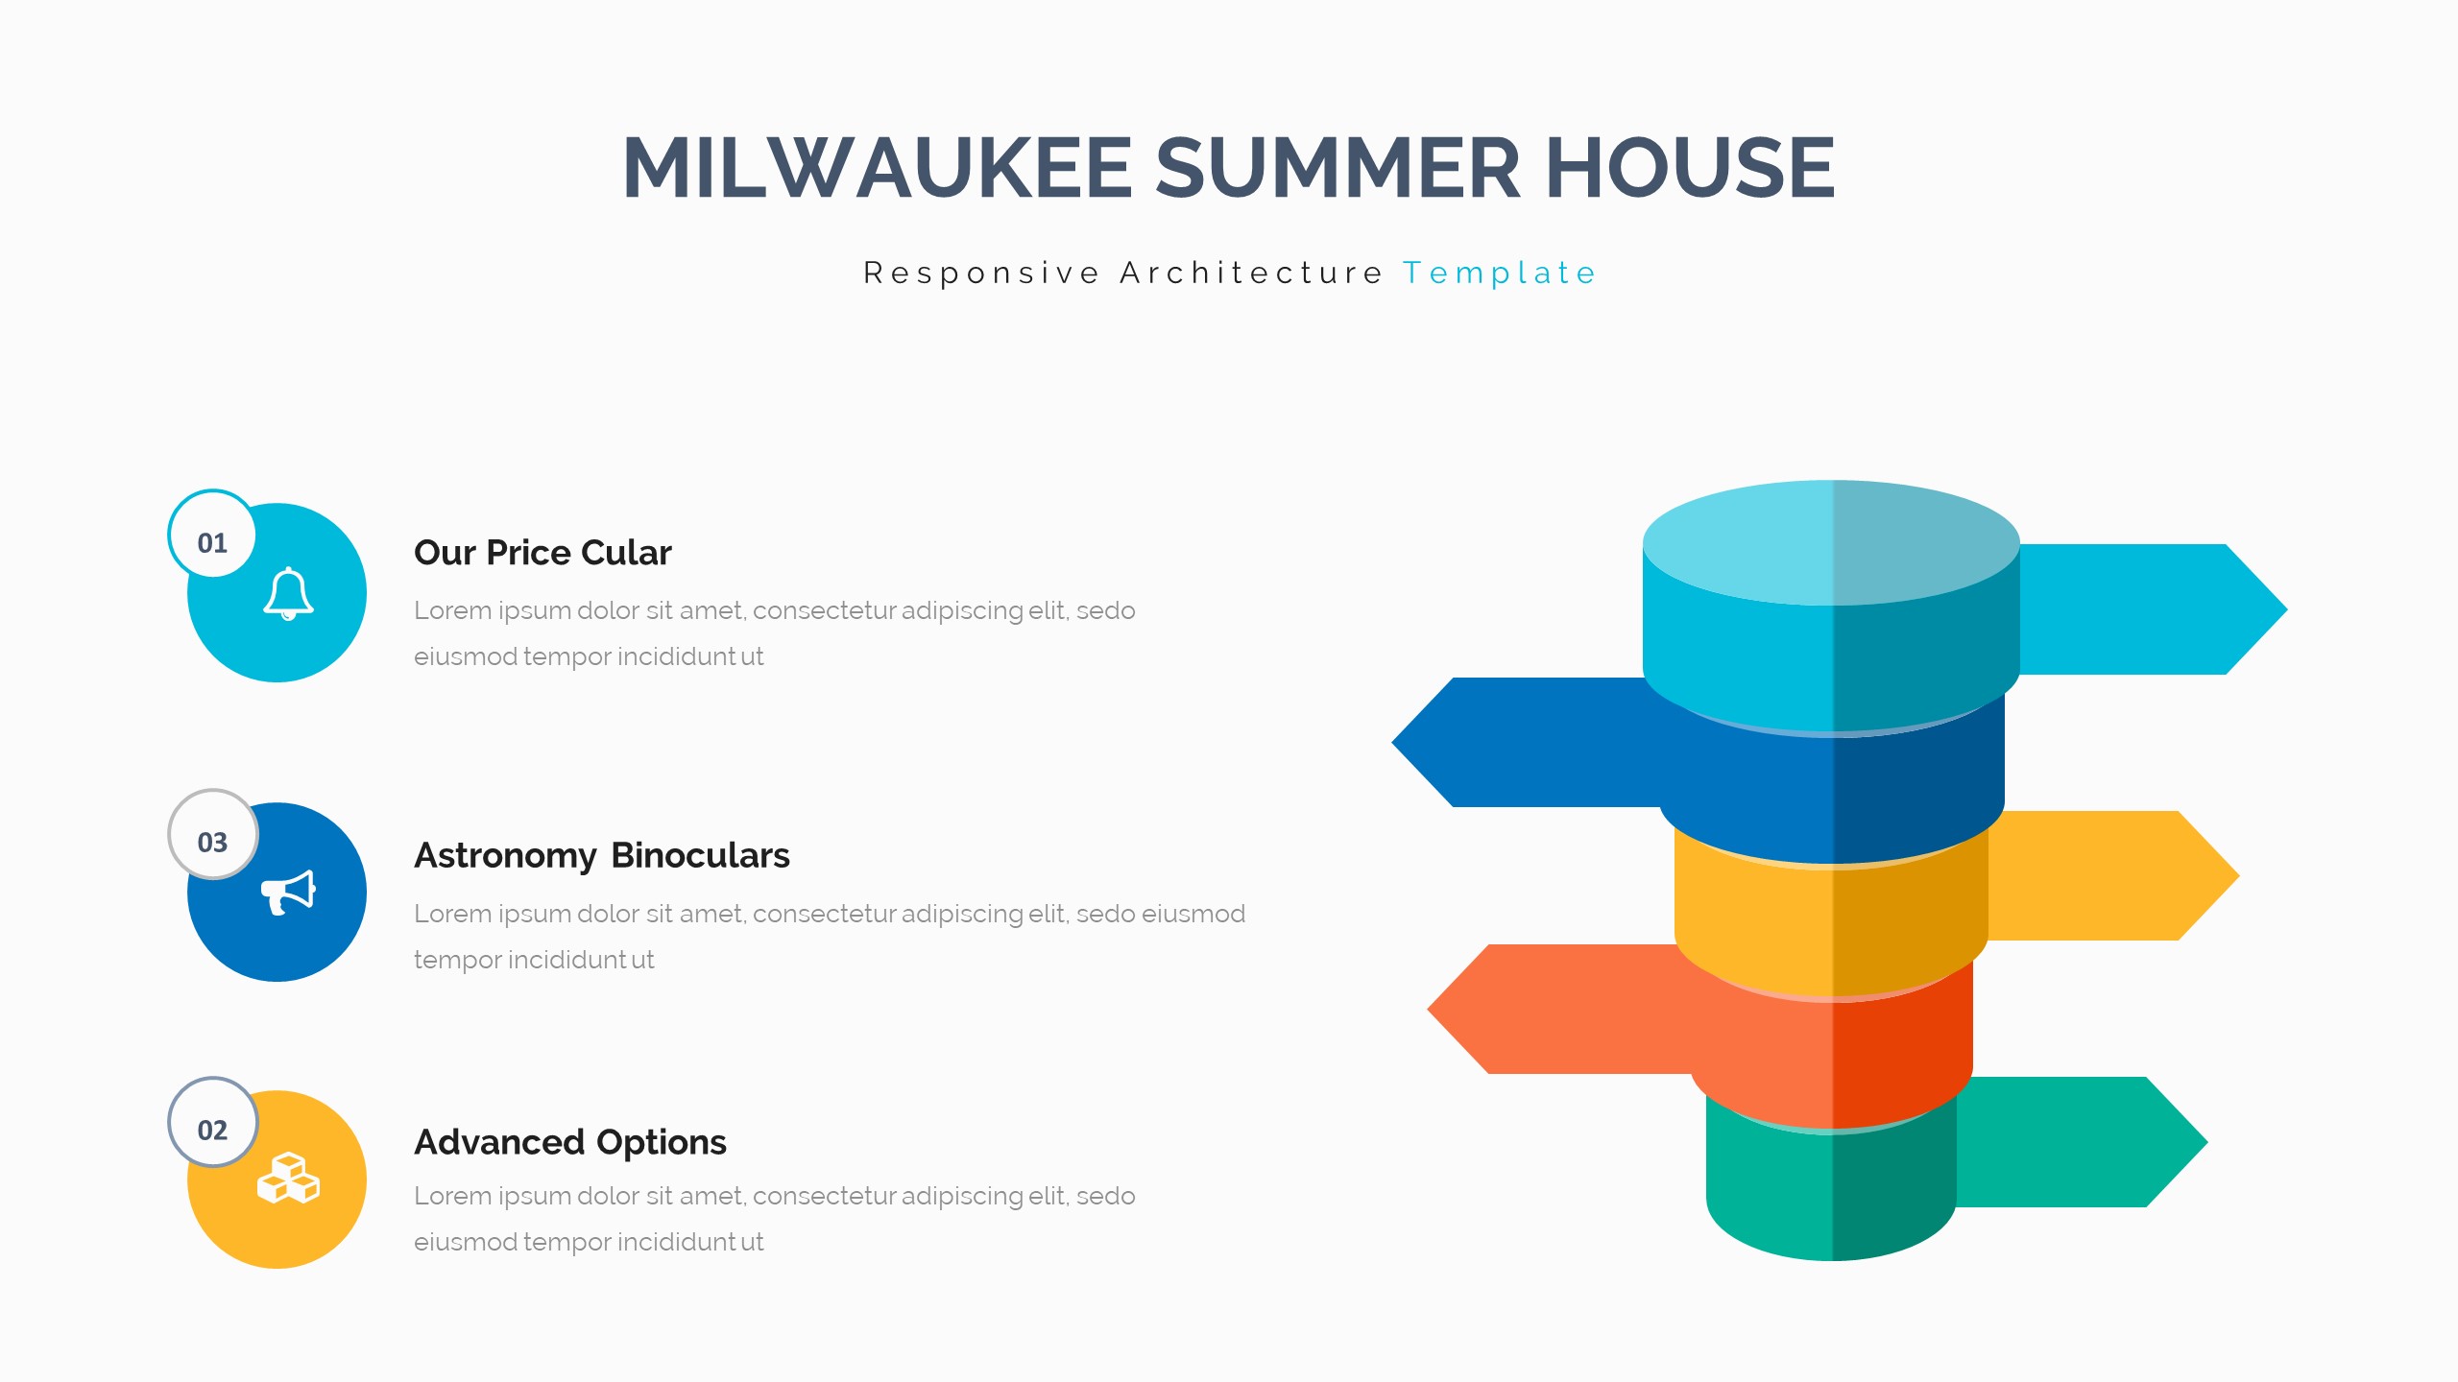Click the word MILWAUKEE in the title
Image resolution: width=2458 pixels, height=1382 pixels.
[x=878, y=167]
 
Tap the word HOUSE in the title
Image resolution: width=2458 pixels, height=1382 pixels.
[x=1690, y=167]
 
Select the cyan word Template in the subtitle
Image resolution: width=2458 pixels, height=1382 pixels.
[x=1499, y=274]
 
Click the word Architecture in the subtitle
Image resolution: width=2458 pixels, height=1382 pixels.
[x=1251, y=273]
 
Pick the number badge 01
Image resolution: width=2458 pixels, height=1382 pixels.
[x=212, y=535]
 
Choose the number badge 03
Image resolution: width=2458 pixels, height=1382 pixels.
[x=212, y=834]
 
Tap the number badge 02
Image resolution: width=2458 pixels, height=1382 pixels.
[x=212, y=1122]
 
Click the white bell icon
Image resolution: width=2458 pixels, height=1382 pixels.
[x=288, y=594]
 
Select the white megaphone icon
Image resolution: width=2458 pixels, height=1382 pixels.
[x=288, y=893]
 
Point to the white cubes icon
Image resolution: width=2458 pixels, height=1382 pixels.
[x=288, y=1178]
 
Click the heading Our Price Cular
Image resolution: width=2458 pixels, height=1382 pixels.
[x=542, y=553]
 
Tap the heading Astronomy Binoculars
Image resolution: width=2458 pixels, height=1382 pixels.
[x=602, y=856]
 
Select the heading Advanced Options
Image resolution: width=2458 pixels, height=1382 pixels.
[x=570, y=1143]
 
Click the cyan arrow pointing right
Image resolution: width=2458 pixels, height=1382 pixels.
[x=2151, y=609]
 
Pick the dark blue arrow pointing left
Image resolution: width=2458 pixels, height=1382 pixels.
[x=1527, y=743]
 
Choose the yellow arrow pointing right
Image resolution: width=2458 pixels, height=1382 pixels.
[x=2112, y=875]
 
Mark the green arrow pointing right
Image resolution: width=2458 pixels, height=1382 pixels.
[x=2079, y=1142]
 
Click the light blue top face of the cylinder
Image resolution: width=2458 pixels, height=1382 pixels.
[x=1831, y=542]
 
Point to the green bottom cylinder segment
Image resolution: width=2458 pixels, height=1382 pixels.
[x=1831, y=1190]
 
